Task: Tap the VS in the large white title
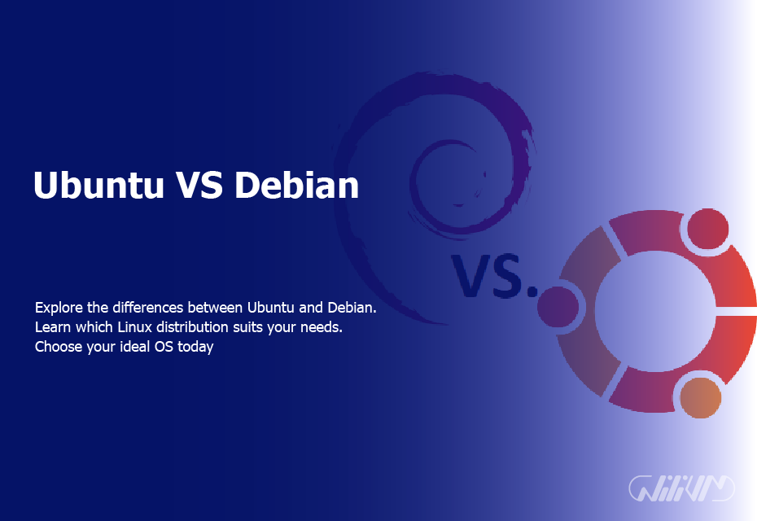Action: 198,186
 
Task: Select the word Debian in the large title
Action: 297,186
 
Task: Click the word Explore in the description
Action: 59,309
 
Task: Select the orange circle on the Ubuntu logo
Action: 700,398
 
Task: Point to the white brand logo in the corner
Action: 682,488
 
